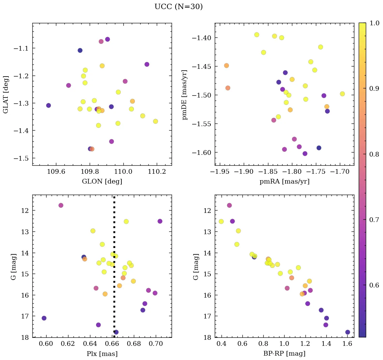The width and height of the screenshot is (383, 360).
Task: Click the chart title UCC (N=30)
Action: pyautogui.click(x=178, y=7)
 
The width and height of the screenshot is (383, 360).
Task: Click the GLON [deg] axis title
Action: pyautogui.click(x=102, y=182)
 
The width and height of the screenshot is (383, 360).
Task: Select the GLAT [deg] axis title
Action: pyautogui.click(x=6, y=94)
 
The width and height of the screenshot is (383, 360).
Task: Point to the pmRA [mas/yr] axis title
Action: pyautogui.click(x=284, y=182)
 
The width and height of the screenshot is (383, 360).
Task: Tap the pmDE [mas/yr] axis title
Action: pyautogui.click(x=184, y=94)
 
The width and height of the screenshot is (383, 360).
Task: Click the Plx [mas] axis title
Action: pyautogui.click(x=102, y=354)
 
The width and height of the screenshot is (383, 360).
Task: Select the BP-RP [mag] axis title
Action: pyautogui.click(x=284, y=354)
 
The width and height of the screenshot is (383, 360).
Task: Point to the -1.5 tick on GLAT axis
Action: pyautogui.click(x=22, y=158)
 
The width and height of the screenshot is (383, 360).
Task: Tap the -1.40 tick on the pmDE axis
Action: pyautogui.click(x=202, y=37)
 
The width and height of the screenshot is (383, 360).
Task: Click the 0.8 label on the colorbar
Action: pyautogui.click(x=374, y=154)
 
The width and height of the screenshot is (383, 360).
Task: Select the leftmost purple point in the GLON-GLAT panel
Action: pyautogui.click(x=49, y=105)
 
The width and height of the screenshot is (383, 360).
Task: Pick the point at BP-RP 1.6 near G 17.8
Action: pyautogui.click(x=348, y=332)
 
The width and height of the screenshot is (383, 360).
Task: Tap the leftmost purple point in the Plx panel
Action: pyautogui.click(x=44, y=318)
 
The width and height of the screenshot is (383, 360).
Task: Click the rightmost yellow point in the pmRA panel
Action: pyautogui.click(x=342, y=94)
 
